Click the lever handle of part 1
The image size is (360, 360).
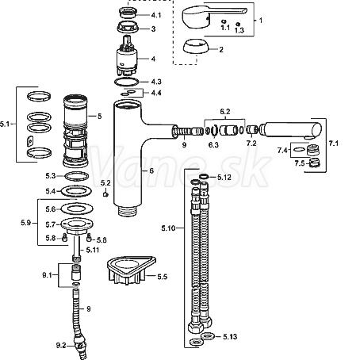point(212,17)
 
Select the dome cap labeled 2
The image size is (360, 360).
point(196,47)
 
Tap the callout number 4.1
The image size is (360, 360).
point(156,15)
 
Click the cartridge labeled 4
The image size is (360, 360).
point(127,56)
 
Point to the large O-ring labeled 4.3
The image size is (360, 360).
point(127,82)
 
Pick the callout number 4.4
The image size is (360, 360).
point(156,93)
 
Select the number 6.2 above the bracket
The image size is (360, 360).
point(225,112)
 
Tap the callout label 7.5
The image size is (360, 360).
point(300,163)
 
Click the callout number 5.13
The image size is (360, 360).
point(230,337)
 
